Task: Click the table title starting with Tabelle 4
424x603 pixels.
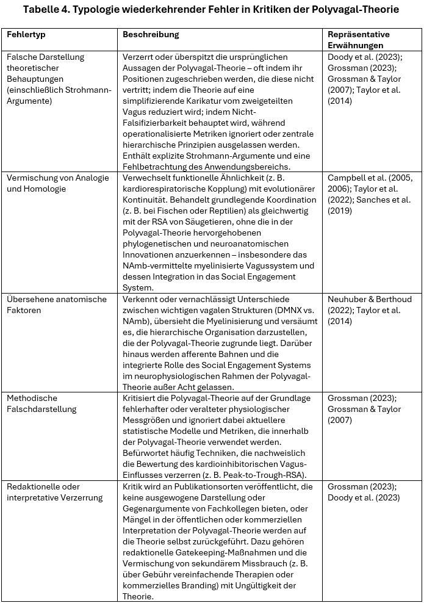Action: pyautogui.click(x=211, y=10)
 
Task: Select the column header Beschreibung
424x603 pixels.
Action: pyautogui.click(x=151, y=35)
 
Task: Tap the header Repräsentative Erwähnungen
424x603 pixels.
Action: pyautogui.click(x=359, y=40)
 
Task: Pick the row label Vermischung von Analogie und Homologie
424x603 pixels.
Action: pyautogui.click(x=58, y=183)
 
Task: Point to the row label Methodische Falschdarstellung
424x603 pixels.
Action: pyautogui.click(x=42, y=403)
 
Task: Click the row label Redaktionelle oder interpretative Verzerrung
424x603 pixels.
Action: pyautogui.click(x=52, y=492)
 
